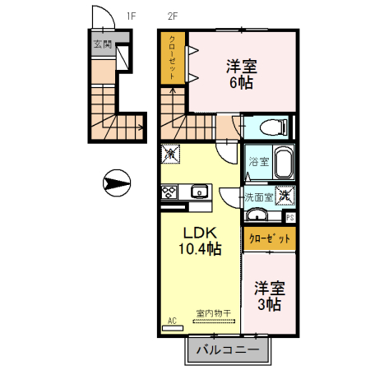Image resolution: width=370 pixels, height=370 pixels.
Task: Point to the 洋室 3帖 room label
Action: click(268, 296)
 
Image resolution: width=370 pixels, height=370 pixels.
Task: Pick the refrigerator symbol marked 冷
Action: click(170, 153)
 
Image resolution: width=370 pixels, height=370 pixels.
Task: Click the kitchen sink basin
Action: click(200, 192)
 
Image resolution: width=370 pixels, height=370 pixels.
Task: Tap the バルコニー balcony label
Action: click(226, 351)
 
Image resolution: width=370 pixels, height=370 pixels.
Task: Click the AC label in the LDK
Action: click(172, 320)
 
